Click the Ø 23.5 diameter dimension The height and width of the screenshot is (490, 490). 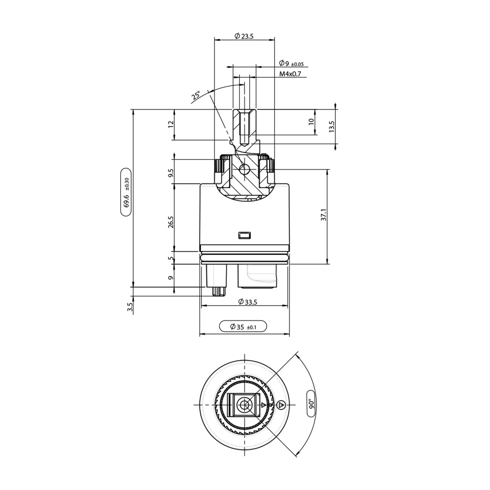(x=244, y=36)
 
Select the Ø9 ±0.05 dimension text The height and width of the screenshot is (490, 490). (x=291, y=63)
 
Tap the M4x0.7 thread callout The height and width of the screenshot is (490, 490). (x=290, y=74)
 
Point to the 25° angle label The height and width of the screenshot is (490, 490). (x=196, y=96)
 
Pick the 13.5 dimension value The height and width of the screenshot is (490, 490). (x=332, y=126)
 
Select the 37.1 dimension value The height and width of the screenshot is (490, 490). (x=324, y=215)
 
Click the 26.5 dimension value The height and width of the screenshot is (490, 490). (x=171, y=222)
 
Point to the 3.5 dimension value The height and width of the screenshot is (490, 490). (x=130, y=307)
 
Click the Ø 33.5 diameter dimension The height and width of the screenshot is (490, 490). (x=248, y=302)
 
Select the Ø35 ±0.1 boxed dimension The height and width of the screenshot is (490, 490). (x=243, y=327)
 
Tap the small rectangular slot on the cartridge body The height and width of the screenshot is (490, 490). (x=244, y=235)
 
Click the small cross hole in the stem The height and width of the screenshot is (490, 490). (x=244, y=169)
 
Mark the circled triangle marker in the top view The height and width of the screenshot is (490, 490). (x=281, y=405)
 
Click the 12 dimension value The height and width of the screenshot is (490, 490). (x=171, y=124)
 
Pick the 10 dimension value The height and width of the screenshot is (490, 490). (x=311, y=121)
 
